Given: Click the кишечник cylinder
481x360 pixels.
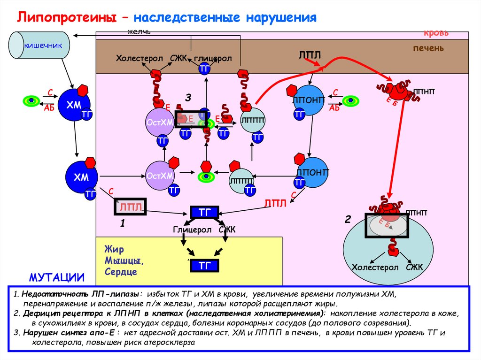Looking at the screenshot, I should [x=40, y=46].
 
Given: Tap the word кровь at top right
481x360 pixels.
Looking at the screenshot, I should [x=436, y=33].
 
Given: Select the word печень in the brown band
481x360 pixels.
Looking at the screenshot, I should [x=428, y=48].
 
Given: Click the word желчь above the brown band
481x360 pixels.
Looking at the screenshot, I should [x=139, y=31].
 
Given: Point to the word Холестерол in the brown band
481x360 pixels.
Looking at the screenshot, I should [x=140, y=58].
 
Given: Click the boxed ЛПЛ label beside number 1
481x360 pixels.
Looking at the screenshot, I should [x=130, y=206].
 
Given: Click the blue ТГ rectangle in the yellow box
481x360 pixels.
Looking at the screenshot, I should [x=204, y=266].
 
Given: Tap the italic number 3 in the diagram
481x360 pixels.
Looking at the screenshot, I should [x=188, y=98].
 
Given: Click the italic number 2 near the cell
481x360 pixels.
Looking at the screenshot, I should [x=348, y=219].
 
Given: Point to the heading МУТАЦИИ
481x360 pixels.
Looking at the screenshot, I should [x=57, y=278].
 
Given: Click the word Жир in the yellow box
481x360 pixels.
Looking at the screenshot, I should [x=114, y=249].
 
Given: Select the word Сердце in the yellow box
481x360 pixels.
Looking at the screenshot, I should [x=121, y=272].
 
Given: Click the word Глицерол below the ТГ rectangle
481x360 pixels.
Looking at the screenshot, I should [x=192, y=230].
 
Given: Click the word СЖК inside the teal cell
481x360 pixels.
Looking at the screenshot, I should [x=414, y=267].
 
